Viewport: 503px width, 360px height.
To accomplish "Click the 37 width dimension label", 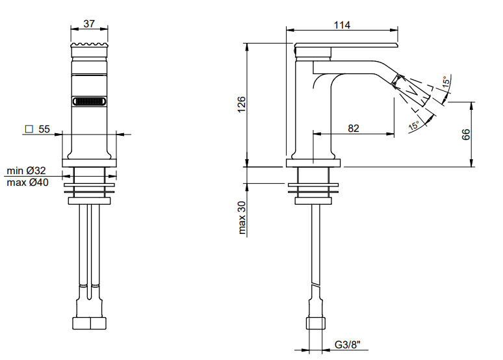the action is point(89,24).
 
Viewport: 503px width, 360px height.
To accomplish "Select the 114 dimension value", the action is point(342,25).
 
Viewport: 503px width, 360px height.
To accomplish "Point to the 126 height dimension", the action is point(241,104).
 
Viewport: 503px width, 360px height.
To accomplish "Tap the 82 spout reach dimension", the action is point(353,129).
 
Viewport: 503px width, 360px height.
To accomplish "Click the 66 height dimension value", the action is point(466,134).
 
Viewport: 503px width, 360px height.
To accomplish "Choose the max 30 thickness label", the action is point(242,218).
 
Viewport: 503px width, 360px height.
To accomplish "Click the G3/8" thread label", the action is point(348,344).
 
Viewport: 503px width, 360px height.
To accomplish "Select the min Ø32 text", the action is point(26,170).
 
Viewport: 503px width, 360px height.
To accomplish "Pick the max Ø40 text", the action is point(27,182).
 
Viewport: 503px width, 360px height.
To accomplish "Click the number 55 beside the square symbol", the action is point(44,129).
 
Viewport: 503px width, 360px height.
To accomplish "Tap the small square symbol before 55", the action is point(29,129).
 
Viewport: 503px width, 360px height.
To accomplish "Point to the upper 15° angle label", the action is point(446,81).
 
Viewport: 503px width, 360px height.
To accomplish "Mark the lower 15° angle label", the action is point(414,125).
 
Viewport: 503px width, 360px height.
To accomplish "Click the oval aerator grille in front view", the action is point(90,101).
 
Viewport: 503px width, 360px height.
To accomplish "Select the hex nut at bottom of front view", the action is point(90,324).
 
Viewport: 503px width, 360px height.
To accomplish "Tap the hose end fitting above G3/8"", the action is point(316,323).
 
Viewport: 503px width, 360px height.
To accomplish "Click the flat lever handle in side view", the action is point(346,45).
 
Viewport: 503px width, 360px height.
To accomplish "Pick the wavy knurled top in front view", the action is point(90,45).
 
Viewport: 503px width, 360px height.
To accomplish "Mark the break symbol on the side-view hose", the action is point(316,285).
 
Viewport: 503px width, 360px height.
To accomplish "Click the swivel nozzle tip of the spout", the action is point(411,90).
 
